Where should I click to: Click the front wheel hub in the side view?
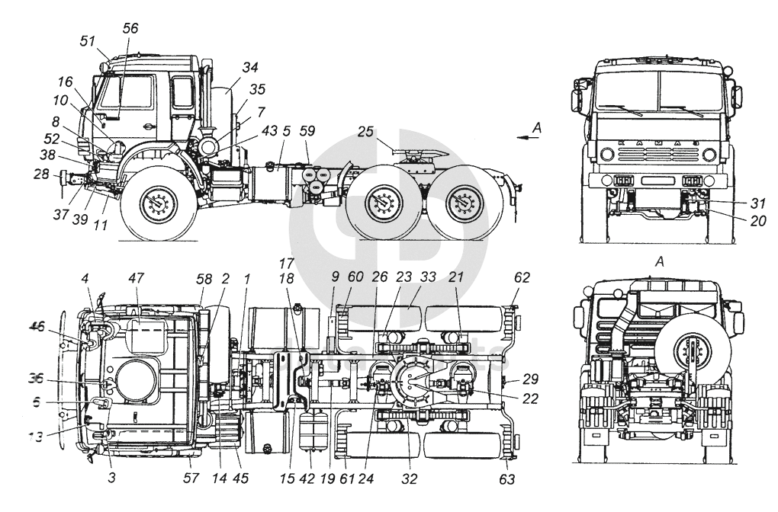pyautogui.click(x=159, y=205)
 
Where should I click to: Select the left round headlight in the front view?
pyautogui.click(x=607, y=155)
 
